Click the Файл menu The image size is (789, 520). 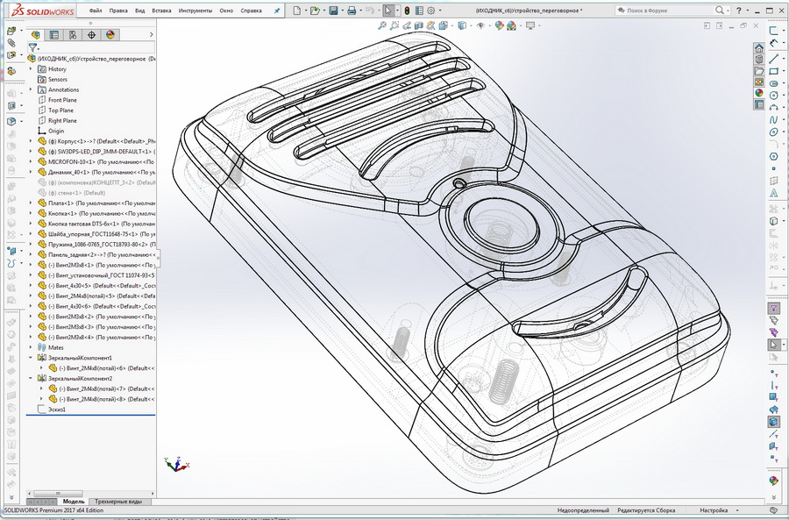[x=96, y=11]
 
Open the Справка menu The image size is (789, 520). [x=251, y=11]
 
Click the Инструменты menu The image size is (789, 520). [x=195, y=11]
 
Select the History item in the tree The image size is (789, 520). [x=56, y=68]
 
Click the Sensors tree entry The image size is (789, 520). [x=57, y=79]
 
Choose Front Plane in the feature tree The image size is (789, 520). [x=61, y=100]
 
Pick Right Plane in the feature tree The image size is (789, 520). [x=61, y=121]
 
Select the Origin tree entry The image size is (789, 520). [x=55, y=132]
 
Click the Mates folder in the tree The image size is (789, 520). [x=55, y=347]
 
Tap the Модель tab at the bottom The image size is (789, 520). [x=74, y=502]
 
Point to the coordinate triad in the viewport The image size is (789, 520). [x=173, y=462]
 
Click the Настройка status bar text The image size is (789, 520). [x=713, y=510]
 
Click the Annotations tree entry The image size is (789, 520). [x=63, y=89]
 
